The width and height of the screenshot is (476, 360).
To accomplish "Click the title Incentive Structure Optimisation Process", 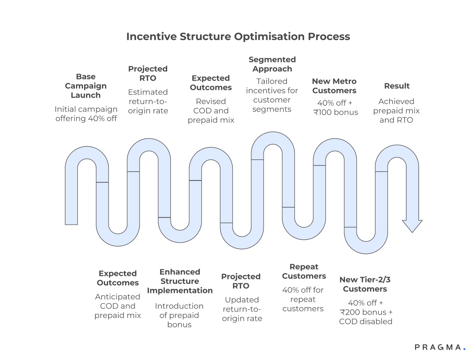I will (238, 36).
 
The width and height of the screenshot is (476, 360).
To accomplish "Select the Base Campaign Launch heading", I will (86, 86).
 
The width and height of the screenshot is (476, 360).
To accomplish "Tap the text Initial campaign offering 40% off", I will (86, 114).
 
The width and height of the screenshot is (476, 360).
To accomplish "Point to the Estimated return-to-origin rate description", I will (148, 102).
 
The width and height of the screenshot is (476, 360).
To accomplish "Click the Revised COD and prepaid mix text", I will (211, 111).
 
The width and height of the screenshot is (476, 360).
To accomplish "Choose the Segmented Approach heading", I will (272, 64).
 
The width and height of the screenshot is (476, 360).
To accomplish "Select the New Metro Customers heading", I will (334, 86).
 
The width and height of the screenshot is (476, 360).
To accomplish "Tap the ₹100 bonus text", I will (336, 113).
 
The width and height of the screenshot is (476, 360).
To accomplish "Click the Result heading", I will (397, 86).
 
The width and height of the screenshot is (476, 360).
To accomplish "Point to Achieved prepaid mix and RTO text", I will (396, 111).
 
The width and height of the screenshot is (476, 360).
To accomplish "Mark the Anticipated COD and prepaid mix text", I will (117, 306).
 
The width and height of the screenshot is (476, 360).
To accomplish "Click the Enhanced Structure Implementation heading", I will (180, 281).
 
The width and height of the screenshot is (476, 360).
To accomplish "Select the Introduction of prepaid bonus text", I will (179, 315).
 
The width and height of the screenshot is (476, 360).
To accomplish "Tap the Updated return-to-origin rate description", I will (242, 309).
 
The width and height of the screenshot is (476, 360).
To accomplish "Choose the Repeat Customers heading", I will (304, 272).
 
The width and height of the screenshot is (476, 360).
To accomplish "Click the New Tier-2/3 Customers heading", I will (365, 284).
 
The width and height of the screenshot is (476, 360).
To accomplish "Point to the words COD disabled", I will (366, 322).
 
